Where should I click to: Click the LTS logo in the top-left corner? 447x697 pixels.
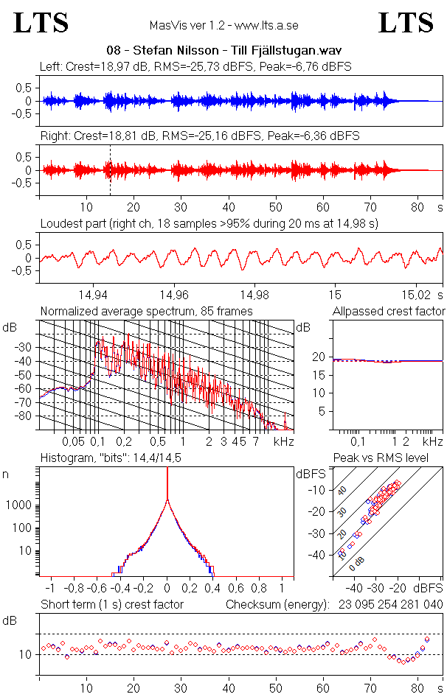tap(41, 23)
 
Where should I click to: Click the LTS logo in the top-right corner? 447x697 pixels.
tap(406, 23)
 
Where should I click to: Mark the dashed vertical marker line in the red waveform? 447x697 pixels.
tap(110, 171)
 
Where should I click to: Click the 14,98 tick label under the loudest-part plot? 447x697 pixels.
tap(254, 295)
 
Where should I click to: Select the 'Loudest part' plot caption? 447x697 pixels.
tap(209, 223)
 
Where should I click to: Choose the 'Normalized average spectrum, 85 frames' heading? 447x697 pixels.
tap(147, 311)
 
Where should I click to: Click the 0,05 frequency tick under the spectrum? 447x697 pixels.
tap(74, 442)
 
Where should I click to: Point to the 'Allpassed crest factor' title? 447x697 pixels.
tap(389, 311)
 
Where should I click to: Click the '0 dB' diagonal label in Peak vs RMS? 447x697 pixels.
tap(356, 564)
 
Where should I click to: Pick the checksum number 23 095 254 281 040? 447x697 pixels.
tap(390, 605)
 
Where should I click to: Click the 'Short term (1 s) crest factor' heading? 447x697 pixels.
tap(112, 605)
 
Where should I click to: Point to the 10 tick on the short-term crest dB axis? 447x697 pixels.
tap(29, 654)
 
